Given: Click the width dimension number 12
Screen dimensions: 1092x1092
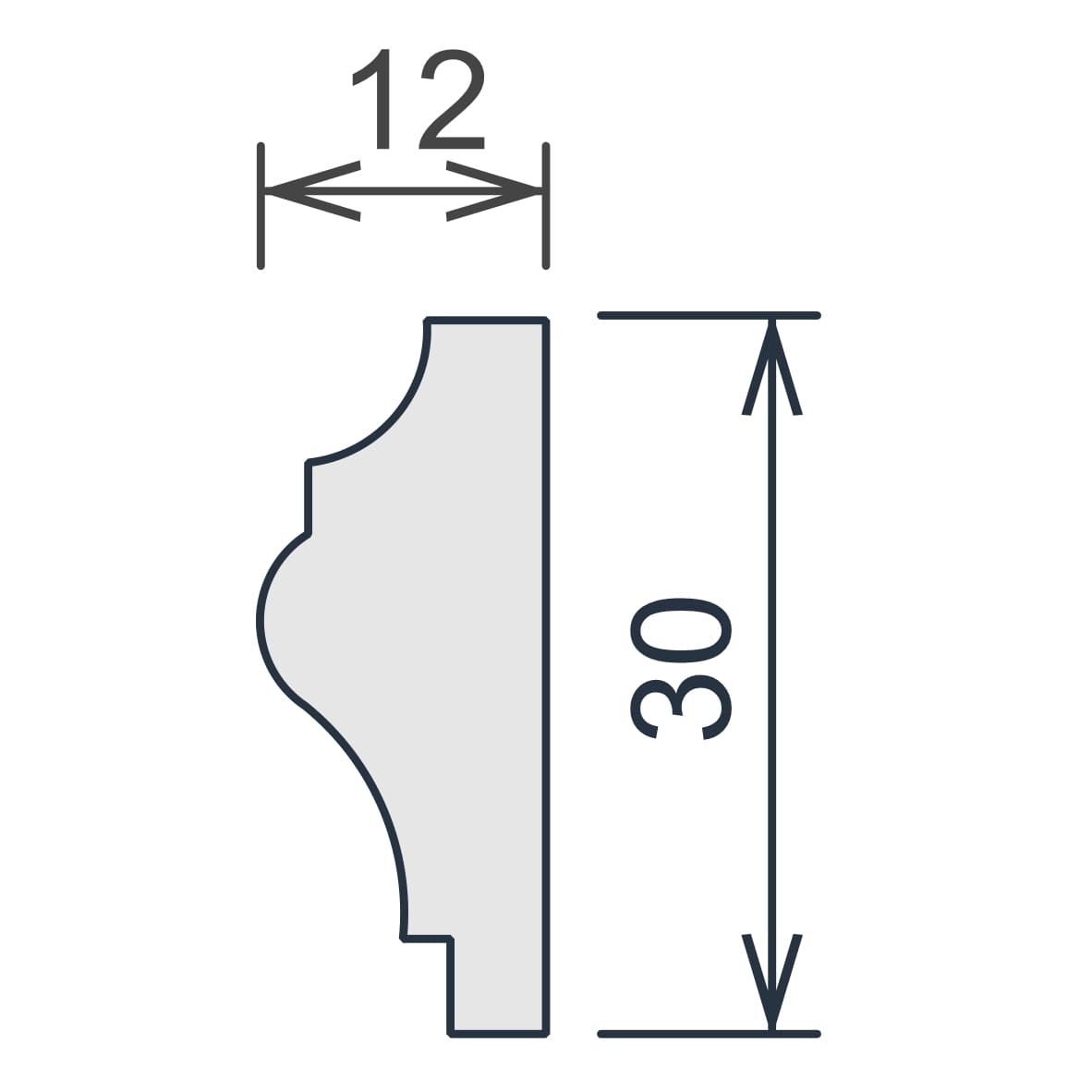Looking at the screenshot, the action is coord(418,99).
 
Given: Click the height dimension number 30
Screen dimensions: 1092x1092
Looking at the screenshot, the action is coord(680,669).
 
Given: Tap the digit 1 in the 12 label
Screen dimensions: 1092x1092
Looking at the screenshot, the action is coord(372,99).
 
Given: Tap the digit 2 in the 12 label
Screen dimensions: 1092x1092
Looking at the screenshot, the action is coord(451,99).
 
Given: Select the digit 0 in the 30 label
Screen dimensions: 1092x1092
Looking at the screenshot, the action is coord(680,630).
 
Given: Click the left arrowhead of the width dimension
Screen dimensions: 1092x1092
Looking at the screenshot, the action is coord(311,191).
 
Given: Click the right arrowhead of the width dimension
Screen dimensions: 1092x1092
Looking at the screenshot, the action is coord(494,191).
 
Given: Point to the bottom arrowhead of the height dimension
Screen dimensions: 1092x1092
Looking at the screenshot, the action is coord(771,981).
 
